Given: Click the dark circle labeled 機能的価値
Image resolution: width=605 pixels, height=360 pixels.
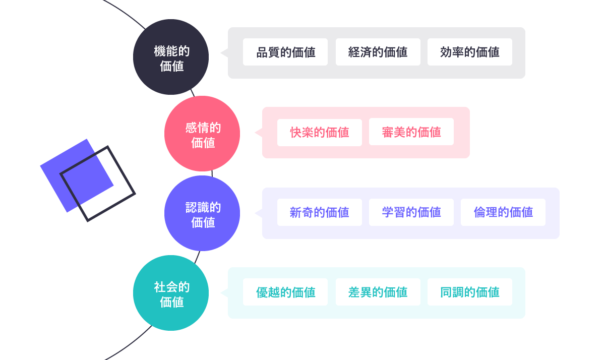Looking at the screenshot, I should (171, 57).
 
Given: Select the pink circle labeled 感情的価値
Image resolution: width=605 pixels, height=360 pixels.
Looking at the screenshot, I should (202, 134).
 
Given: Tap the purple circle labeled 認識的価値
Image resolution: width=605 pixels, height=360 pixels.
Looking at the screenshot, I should (202, 213).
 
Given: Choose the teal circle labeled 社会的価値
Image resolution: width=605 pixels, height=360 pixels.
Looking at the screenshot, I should (171, 293).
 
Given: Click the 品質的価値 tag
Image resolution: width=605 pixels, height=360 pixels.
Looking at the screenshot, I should (285, 52).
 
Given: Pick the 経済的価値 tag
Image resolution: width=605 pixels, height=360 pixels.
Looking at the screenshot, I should (378, 52).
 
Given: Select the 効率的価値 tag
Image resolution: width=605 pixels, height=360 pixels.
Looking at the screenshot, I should (470, 52).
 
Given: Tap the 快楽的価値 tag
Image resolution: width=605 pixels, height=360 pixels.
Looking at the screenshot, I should (320, 132).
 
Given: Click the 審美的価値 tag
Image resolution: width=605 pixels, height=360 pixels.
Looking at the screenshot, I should (411, 132).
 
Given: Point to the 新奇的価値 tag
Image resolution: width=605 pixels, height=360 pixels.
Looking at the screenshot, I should (320, 212).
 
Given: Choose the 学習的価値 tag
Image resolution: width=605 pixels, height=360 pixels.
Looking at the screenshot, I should (411, 212).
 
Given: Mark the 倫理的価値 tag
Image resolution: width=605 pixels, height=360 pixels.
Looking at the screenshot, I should (503, 212).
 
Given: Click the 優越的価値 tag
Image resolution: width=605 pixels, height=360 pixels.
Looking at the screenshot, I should (285, 292).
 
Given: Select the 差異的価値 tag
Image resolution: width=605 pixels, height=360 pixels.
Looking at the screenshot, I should (378, 292).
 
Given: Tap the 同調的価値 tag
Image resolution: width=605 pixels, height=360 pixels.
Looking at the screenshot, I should (470, 292).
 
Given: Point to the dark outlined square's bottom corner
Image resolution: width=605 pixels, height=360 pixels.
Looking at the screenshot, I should (88, 220).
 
